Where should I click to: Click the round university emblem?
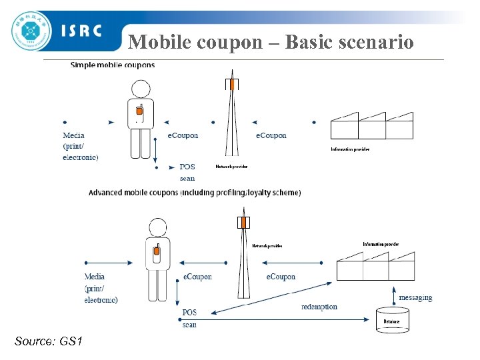pyautogui.click(x=31, y=31)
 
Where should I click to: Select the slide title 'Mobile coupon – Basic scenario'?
pyautogui.click(x=271, y=42)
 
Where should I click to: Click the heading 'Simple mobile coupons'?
pyautogui.click(x=113, y=65)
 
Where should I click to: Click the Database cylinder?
pyautogui.click(x=392, y=319)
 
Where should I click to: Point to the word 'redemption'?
pyautogui.click(x=319, y=307)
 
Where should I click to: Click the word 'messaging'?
pyautogui.click(x=415, y=297)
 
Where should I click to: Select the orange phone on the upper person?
pyautogui.click(x=140, y=113)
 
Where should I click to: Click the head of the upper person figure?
pyautogui.click(x=140, y=89)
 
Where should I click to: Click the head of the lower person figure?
pyautogui.click(x=158, y=227)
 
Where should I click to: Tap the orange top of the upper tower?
pyautogui.click(x=231, y=84)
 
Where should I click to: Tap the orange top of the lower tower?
pyautogui.click(x=244, y=221)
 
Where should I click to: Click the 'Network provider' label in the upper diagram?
pyautogui.click(x=231, y=167)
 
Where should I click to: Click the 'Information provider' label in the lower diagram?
pyautogui.click(x=381, y=245)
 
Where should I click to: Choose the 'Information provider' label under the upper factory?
pyautogui.click(x=350, y=149)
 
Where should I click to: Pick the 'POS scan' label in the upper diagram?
pyautogui.click(x=187, y=172)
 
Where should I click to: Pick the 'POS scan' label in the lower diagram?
pyautogui.click(x=190, y=318)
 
